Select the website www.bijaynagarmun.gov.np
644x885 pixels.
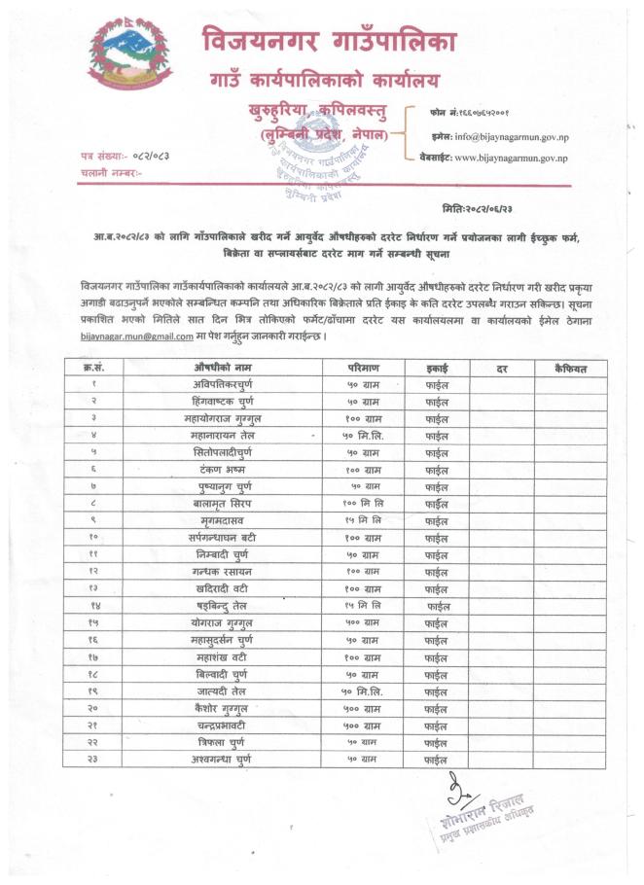click(500, 156)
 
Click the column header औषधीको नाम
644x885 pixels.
click(225, 368)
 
